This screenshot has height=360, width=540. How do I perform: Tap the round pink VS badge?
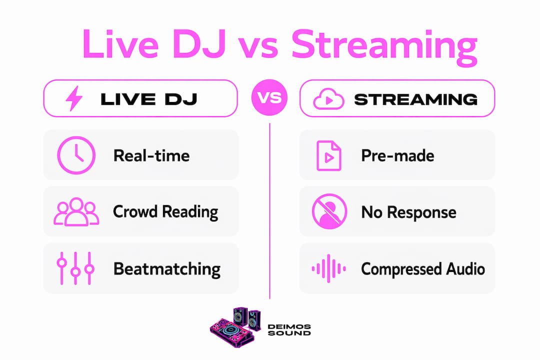[x=269, y=98]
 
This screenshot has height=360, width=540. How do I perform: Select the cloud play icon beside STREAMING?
[x=328, y=99]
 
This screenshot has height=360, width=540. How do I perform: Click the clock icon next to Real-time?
[x=76, y=155]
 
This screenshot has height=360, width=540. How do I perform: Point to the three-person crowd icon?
[x=76, y=211]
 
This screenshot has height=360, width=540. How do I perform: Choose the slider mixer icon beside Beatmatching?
[x=75, y=268]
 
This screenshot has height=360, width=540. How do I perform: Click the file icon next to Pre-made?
[x=329, y=155]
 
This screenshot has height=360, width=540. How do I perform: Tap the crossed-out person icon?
[x=329, y=211]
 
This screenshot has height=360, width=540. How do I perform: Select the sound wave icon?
[x=329, y=268]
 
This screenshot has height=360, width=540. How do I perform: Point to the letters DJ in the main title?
[x=199, y=44]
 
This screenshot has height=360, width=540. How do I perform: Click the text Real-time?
[x=151, y=155]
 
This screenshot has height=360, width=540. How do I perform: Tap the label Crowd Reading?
[x=165, y=212]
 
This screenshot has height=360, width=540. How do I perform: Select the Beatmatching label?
[x=167, y=269]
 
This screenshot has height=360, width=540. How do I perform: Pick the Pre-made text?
[x=398, y=155]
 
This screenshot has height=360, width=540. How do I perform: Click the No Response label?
[x=409, y=212]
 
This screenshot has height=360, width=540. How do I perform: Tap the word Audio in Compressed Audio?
[x=465, y=268]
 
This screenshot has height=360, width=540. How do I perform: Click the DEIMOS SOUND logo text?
[x=289, y=329]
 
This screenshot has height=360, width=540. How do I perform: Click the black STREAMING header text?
[x=416, y=99]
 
